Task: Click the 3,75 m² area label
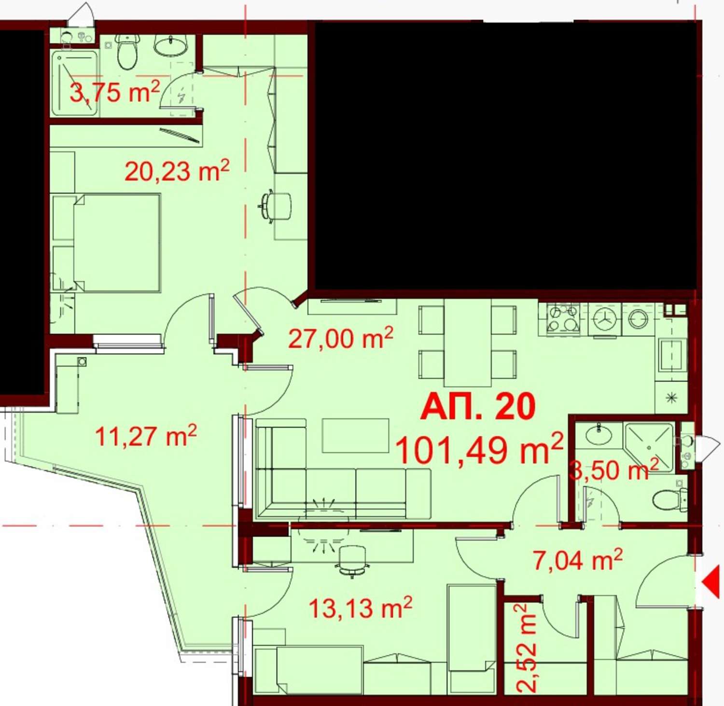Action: pos(115,92)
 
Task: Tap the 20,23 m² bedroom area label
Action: pos(177,171)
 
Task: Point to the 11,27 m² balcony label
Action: pos(146,436)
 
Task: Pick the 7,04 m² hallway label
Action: pos(578,560)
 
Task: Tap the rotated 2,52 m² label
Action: pos(526,648)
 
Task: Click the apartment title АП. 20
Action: pos(478,406)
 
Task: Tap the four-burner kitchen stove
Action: pos(563,318)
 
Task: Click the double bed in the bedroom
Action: pos(106,243)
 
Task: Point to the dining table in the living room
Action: pos(467,343)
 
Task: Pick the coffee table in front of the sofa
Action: pos(356,435)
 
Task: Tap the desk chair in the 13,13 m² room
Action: pos(352,560)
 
